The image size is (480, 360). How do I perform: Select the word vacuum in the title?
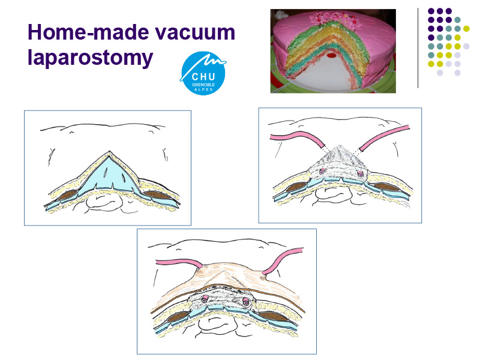click(x=194, y=33)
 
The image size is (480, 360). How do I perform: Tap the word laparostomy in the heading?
click(x=91, y=58)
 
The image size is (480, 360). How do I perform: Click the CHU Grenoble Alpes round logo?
click(x=203, y=73)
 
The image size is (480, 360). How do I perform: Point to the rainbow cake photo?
click(x=333, y=51)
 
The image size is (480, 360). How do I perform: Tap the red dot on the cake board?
click(x=331, y=55)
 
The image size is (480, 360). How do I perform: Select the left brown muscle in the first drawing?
click(x=67, y=195)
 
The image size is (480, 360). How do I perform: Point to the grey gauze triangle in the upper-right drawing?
click(x=339, y=162)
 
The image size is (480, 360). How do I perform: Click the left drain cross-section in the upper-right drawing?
click(x=322, y=172)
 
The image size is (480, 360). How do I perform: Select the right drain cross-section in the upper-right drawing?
click(x=361, y=175)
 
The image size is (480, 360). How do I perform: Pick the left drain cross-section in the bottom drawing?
click(x=205, y=299)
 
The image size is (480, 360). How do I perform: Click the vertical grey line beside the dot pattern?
click(x=418, y=48)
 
